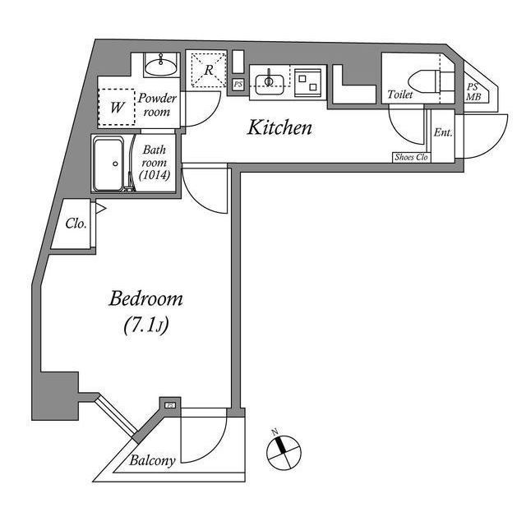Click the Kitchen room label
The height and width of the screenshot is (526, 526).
coord(279,128)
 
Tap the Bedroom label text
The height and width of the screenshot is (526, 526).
coord(146,299)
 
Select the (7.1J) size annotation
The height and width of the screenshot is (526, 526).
coord(146,325)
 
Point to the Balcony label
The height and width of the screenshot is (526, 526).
coord(152,461)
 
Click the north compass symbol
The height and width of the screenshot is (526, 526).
coord(284,451)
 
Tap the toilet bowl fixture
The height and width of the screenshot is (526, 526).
coord(424,81)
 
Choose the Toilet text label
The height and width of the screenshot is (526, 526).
coord(400,95)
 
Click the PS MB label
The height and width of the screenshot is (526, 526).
coord(473,92)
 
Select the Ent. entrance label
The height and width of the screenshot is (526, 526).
coord(443,132)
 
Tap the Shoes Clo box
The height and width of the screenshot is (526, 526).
coord(412,157)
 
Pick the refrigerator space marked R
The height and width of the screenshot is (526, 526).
coord(209,70)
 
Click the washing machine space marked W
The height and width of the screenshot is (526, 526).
coord(117,108)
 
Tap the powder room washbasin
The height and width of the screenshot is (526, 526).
coord(161,65)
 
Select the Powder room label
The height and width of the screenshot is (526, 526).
coord(157,104)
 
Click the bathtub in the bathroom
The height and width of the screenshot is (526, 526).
coord(108,164)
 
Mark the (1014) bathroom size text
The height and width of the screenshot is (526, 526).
coord(155,175)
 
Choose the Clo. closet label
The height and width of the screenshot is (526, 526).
coord(76,224)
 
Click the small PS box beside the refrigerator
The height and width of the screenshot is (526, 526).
coord(238,85)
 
